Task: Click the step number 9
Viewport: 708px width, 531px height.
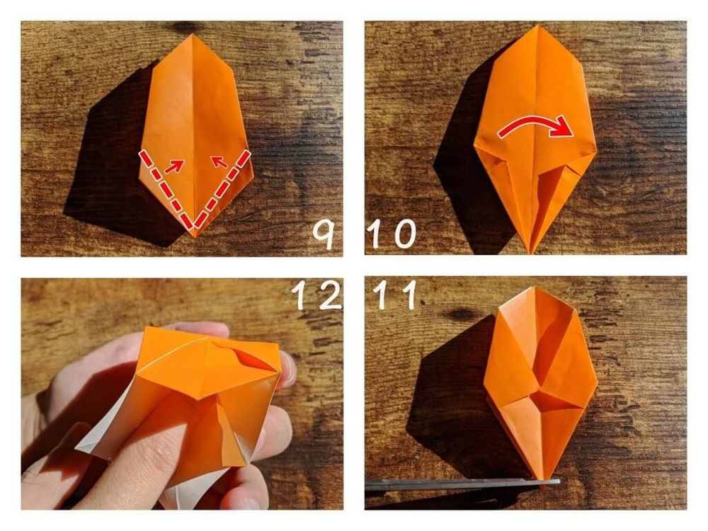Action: [x=324, y=235]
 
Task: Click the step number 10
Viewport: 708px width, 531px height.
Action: [x=392, y=234]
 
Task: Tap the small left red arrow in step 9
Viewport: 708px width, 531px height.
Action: [x=174, y=166]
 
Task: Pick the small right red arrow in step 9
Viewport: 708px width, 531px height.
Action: [x=220, y=161]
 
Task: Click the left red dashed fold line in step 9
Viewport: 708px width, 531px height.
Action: [x=167, y=189]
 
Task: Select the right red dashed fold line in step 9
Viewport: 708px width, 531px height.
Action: [x=222, y=189]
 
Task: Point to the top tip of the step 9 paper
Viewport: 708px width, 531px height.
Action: [x=192, y=34]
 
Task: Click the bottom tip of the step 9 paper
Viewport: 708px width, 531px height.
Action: [x=195, y=236]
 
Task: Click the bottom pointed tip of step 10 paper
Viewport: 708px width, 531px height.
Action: [x=531, y=252]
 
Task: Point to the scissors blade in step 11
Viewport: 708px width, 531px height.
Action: [x=462, y=484]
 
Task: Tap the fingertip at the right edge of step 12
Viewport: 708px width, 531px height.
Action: [x=288, y=370]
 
